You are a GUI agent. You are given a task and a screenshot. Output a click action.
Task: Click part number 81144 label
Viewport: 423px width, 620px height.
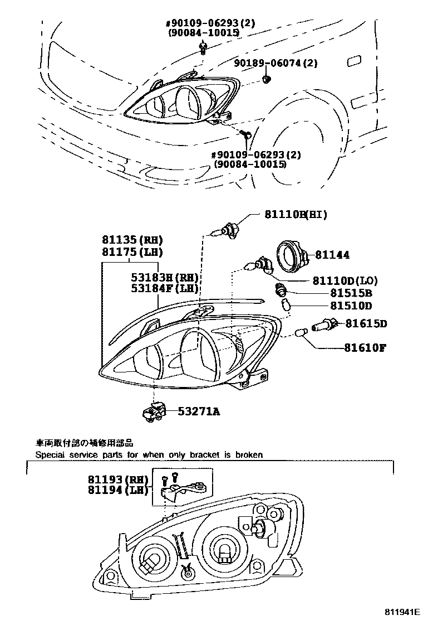pyautogui.click(x=332, y=255)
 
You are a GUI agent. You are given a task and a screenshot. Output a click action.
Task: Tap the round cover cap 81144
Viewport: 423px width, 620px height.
pyautogui.click(x=292, y=255)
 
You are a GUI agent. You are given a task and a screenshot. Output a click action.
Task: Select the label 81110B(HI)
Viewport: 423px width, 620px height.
pyautogui.click(x=295, y=214)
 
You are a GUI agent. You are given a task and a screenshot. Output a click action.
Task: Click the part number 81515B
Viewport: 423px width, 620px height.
pyautogui.click(x=351, y=293)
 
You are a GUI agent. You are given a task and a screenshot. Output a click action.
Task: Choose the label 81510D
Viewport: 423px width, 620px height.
pyautogui.click(x=351, y=306)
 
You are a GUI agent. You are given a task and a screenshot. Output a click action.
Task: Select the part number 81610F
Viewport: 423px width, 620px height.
pyautogui.click(x=365, y=348)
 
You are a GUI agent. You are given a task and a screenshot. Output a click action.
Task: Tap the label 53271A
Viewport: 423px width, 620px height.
pyautogui.click(x=199, y=412)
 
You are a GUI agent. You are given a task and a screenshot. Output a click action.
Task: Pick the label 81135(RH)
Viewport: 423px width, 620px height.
pyautogui.click(x=131, y=240)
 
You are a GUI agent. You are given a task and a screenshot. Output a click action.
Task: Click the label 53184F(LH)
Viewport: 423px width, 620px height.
pyautogui.click(x=165, y=289)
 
